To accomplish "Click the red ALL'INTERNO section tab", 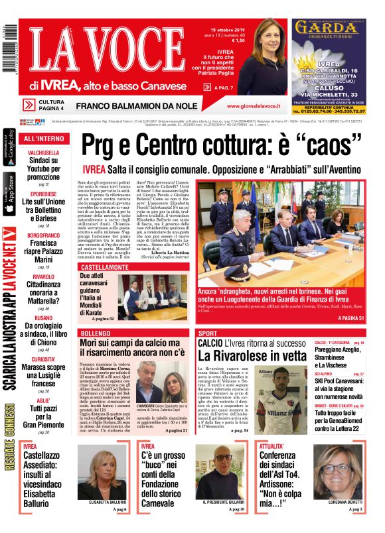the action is click(44, 139).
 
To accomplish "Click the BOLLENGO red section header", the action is click(95, 332).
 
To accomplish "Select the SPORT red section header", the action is click(208, 332).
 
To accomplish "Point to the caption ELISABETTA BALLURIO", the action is click(106, 503).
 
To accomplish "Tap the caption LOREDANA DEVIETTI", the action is click(341, 503).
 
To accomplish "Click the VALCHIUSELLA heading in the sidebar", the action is click(43, 152).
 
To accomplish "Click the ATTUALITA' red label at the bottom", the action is click(272, 446).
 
